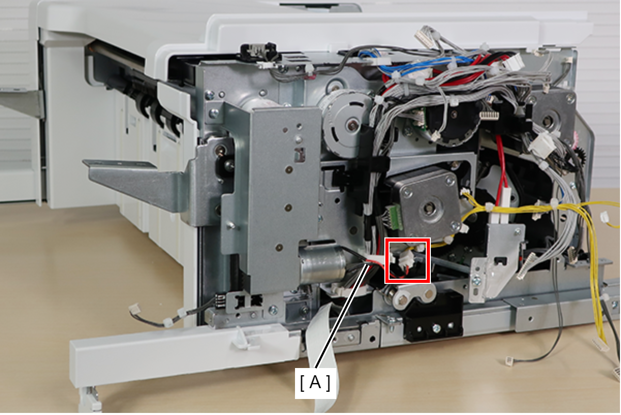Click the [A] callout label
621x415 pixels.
[x=315, y=383]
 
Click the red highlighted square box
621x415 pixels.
[x=407, y=261]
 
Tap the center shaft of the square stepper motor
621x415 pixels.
[x=430, y=206]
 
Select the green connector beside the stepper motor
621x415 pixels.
[x=396, y=217]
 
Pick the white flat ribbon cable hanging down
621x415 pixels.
[x=321, y=357]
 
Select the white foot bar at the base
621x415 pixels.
[x=183, y=354]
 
